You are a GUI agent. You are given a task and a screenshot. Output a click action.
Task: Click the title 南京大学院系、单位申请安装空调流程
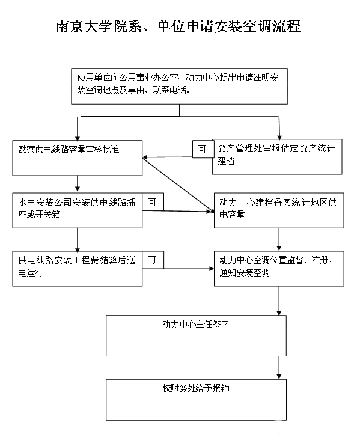178,26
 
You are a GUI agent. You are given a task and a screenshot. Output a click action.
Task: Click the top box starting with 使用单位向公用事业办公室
179,86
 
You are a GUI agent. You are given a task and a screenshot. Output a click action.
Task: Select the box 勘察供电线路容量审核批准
78,157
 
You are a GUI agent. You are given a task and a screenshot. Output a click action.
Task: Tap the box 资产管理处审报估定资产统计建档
277,157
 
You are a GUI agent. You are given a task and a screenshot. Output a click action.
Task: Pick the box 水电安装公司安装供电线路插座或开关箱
78,210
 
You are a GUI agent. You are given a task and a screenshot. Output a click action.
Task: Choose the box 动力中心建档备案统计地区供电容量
279,210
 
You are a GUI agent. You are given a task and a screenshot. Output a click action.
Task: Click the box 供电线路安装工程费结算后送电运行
78,269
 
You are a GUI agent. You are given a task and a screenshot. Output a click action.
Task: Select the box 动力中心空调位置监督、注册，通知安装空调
279,269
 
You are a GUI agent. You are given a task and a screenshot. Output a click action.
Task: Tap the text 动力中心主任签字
196,324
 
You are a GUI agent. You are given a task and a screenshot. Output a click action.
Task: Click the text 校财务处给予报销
196,388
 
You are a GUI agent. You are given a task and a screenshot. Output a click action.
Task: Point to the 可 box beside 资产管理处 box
203,149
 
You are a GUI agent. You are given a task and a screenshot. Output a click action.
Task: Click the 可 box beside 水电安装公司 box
153,202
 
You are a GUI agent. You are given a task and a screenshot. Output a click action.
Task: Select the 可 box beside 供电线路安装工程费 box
153,260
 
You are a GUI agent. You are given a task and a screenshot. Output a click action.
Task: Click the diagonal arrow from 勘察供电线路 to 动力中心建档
178,185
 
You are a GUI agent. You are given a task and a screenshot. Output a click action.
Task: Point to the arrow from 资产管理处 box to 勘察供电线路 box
168,157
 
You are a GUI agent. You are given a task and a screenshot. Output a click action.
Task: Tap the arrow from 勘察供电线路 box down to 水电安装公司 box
78,183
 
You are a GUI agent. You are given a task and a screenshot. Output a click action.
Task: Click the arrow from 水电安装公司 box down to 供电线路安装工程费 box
78,240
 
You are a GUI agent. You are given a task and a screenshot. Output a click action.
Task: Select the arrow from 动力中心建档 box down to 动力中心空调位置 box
279,239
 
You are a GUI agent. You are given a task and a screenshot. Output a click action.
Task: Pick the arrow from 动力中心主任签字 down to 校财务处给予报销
279,368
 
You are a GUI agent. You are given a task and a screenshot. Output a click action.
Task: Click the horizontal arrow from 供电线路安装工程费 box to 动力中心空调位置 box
178,269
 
